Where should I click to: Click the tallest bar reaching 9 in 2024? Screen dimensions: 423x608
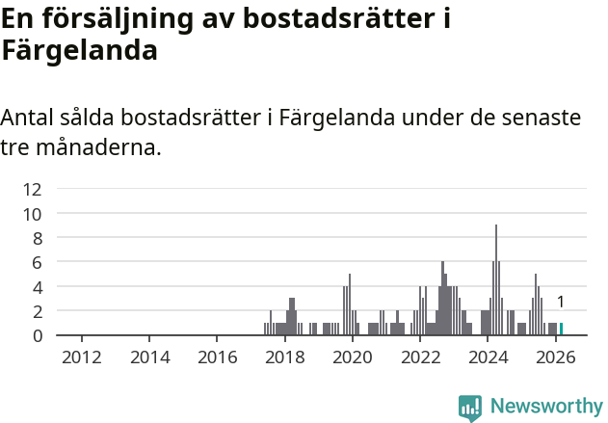496,279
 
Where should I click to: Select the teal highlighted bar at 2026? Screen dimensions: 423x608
561,329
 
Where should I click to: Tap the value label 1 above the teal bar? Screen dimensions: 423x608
560,303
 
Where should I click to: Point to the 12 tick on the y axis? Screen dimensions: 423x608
33,189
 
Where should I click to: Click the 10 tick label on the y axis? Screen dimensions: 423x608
33,214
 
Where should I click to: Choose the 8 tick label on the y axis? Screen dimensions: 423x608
37,238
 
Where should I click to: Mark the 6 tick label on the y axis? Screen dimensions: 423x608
37,262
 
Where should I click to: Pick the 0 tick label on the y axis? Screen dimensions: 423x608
37,335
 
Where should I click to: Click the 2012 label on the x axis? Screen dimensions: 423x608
81,357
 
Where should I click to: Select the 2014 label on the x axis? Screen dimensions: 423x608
148,357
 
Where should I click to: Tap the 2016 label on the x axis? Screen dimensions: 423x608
217,357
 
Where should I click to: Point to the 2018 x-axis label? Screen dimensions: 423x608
284,357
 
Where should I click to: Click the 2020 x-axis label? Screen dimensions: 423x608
352,357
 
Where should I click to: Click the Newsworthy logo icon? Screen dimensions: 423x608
470,408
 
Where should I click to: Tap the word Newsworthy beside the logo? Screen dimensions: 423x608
546,408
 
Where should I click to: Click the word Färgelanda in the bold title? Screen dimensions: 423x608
79,50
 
